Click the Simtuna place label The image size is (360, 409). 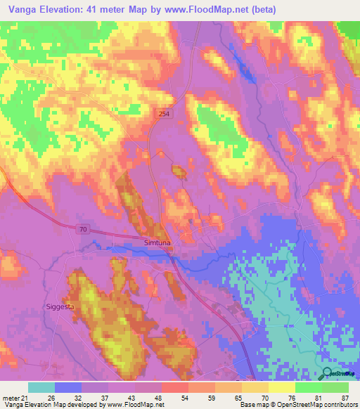tap(158, 242)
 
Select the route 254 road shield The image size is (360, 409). tap(163, 113)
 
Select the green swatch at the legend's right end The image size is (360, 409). tap(335, 387)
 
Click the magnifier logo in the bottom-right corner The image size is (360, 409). tap(328, 374)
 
